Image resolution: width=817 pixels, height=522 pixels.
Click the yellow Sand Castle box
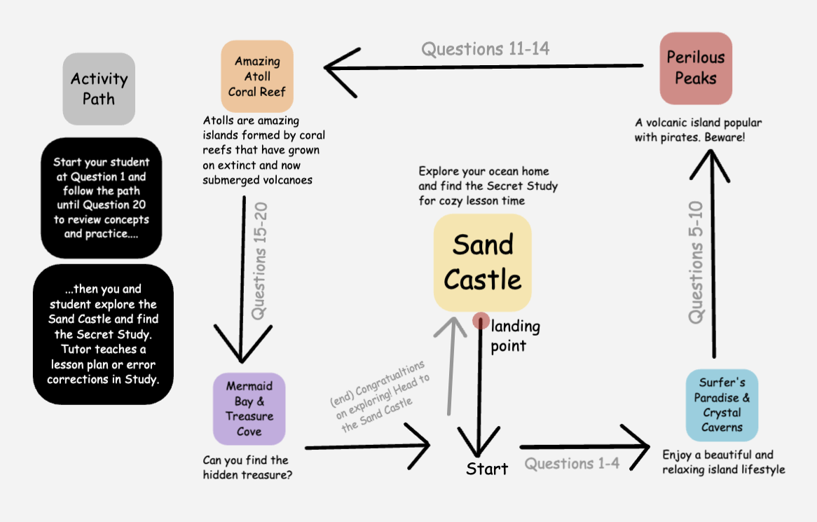[482, 263]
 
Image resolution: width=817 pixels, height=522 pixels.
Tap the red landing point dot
[481, 321]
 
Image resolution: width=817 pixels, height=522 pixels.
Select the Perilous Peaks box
[696, 68]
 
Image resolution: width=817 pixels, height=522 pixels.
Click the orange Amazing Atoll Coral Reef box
[256, 76]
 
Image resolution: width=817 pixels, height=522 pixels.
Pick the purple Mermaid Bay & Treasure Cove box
[249, 408]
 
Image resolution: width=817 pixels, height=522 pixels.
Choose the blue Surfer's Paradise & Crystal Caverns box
[722, 404]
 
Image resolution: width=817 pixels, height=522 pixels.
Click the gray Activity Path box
[99, 88]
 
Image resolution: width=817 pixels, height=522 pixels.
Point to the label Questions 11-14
[485, 49]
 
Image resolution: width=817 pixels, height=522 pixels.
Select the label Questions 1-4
[572, 464]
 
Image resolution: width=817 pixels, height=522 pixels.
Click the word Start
[487, 469]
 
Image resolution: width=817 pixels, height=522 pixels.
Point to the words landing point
[515, 336]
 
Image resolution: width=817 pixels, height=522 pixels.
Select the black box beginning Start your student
[102, 198]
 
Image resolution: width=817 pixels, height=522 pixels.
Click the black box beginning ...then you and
[103, 334]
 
